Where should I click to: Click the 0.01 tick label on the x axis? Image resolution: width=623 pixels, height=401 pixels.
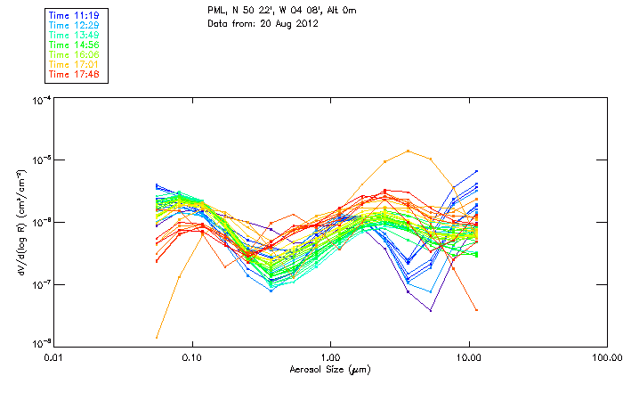coord(53,357)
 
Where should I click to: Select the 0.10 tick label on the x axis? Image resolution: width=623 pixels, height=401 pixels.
coord(191,357)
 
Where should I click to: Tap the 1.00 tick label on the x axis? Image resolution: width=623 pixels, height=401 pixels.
coord(330,357)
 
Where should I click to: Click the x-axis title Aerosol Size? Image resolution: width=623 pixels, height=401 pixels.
coord(329,369)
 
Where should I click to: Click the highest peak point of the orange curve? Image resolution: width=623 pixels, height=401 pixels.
coord(408,151)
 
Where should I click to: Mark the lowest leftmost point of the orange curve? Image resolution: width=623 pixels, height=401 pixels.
coord(157,337)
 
